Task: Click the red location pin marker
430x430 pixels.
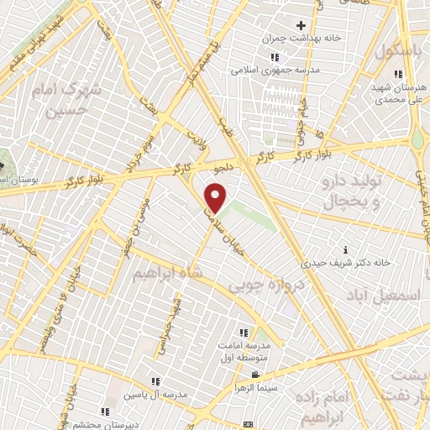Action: click(x=216, y=198)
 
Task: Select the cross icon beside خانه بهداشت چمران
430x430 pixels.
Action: click(x=300, y=26)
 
